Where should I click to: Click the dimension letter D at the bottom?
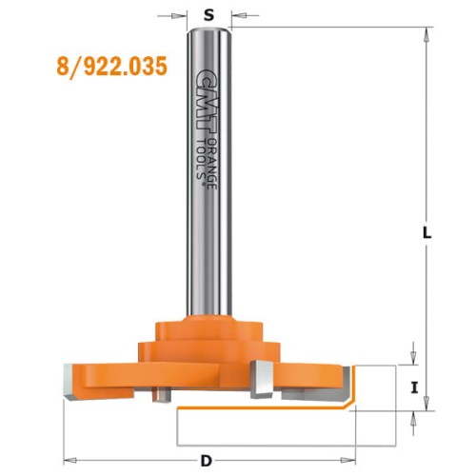click(x=206, y=461)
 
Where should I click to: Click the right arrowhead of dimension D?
click(x=345, y=452)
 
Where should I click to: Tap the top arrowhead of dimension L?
click(x=419, y=32)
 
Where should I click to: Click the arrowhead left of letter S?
click(x=181, y=15)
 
